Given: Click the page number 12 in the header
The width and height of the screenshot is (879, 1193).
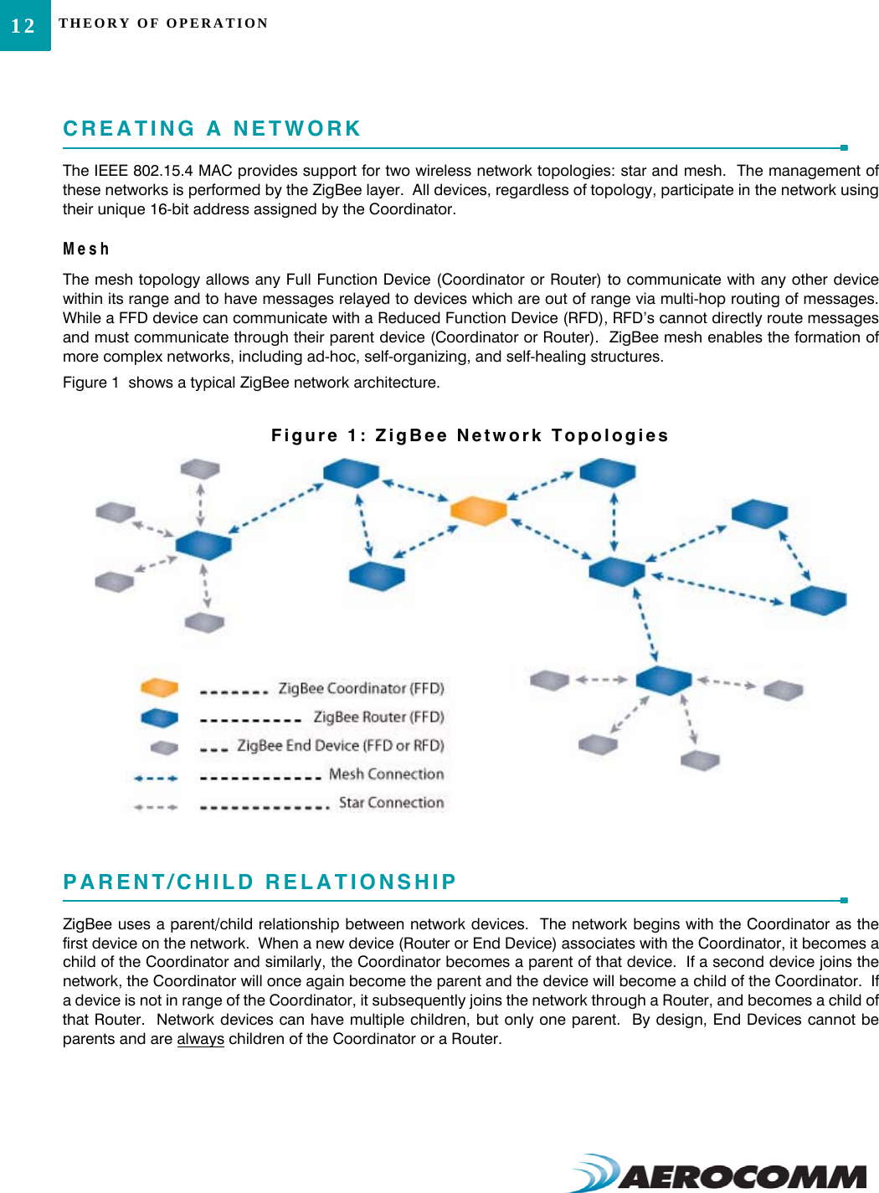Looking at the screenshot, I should click(23, 26).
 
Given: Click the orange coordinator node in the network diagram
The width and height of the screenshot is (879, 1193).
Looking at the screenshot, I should click(478, 510).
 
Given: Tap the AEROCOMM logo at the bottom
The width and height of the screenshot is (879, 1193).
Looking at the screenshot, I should click(720, 1174).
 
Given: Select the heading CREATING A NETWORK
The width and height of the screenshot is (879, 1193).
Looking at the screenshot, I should click(212, 129).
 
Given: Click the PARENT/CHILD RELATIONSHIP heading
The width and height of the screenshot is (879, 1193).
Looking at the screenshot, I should click(260, 882).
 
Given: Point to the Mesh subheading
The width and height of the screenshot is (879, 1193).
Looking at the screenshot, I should click(86, 249).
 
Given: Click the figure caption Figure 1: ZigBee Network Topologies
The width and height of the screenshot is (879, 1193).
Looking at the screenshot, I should click(470, 435).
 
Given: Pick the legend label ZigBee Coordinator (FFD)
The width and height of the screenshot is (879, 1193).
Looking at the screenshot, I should click(361, 688).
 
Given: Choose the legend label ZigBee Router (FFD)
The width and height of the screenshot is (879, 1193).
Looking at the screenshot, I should click(378, 717).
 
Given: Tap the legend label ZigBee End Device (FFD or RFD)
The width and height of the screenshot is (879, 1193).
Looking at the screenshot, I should click(340, 745).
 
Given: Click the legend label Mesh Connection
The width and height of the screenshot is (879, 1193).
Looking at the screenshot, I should click(386, 774).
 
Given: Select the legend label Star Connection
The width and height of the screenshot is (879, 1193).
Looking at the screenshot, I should click(391, 802).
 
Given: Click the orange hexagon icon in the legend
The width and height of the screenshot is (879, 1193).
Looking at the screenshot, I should click(159, 688).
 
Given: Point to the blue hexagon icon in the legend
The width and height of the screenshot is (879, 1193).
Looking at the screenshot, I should click(159, 717).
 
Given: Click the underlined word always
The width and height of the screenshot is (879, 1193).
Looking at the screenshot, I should click(200, 1039).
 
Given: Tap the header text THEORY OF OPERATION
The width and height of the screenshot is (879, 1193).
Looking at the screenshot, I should click(163, 23).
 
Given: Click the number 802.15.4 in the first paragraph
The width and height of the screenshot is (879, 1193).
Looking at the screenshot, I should click(162, 171).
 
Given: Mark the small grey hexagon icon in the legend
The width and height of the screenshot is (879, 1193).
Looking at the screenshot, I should click(164, 747).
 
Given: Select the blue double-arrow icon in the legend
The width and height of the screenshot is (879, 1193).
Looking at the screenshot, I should click(156, 779).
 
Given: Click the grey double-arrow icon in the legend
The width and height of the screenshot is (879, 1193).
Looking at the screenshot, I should click(156, 807).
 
